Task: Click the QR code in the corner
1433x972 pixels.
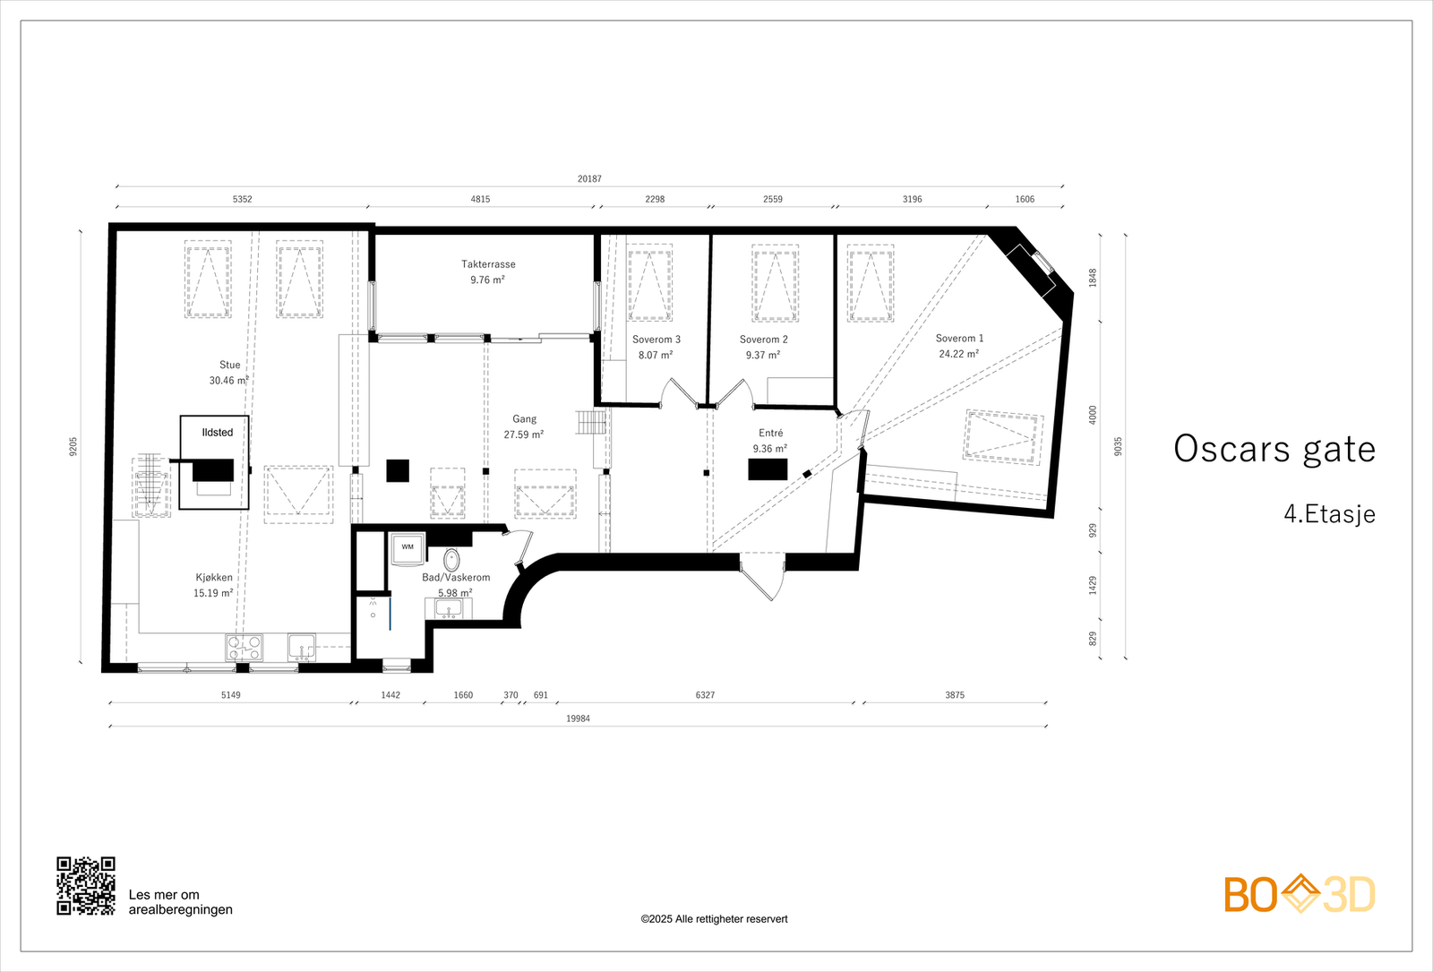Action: pyautogui.click(x=86, y=885)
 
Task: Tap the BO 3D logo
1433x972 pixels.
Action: pyautogui.click(x=1300, y=894)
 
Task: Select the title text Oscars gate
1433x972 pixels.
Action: pyautogui.click(x=1274, y=449)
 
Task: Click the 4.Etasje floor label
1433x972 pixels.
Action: pyautogui.click(x=1329, y=514)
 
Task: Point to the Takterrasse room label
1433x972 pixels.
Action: pyautogui.click(x=488, y=264)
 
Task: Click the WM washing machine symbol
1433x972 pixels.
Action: pyautogui.click(x=408, y=547)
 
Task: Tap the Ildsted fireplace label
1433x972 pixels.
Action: pyautogui.click(x=217, y=433)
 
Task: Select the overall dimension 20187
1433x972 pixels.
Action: pyautogui.click(x=589, y=178)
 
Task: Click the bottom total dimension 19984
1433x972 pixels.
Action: pyautogui.click(x=578, y=718)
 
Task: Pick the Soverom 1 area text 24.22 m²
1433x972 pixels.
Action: pyautogui.click(x=958, y=354)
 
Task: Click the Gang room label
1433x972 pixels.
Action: pyautogui.click(x=524, y=419)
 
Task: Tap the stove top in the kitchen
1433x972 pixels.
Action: pyautogui.click(x=244, y=647)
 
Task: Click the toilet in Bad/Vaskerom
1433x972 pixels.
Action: pyautogui.click(x=452, y=560)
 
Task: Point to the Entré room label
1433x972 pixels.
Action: pyautogui.click(x=770, y=433)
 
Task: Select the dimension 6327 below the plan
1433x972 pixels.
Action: pyautogui.click(x=705, y=695)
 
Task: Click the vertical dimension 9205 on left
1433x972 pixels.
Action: pyautogui.click(x=73, y=445)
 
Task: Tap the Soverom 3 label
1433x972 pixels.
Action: pyautogui.click(x=656, y=340)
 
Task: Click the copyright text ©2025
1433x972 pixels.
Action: pyautogui.click(x=714, y=919)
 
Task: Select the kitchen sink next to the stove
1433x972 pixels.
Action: pyautogui.click(x=302, y=645)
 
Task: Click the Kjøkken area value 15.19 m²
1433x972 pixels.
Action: pyautogui.click(x=213, y=593)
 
